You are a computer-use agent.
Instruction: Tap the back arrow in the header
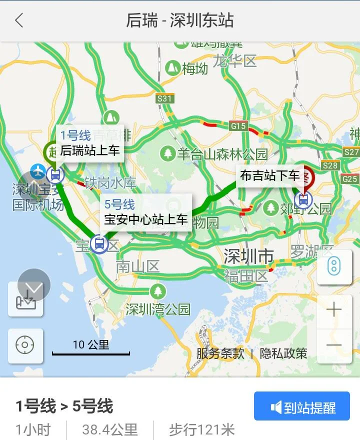(x=19, y=21)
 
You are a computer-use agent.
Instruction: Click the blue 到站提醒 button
(x=302, y=407)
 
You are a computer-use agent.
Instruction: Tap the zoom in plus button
(x=333, y=310)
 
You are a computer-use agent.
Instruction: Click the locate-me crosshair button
(x=25, y=345)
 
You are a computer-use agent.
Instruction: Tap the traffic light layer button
(x=333, y=266)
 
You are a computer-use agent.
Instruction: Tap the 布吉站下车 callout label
(x=270, y=175)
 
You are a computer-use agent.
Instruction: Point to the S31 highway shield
(x=164, y=98)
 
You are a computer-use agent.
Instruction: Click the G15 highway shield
(x=238, y=126)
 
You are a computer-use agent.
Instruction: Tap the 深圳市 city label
(x=248, y=256)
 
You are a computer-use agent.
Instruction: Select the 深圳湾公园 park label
(x=158, y=309)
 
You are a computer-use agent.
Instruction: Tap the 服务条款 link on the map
(x=220, y=353)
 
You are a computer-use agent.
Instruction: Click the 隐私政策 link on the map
(x=283, y=353)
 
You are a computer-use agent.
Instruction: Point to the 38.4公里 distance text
(x=110, y=429)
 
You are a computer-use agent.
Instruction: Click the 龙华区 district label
(x=234, y=61)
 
